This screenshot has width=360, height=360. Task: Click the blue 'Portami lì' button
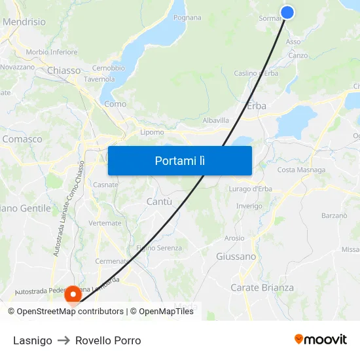pyautogui.click(x=179, y=160)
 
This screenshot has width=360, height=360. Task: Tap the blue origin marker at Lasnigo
pyautogui.click(x=287, y=12)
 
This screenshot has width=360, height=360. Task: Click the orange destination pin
pyautogui.click(x=71, y=294)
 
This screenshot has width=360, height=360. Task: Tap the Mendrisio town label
pyautogui.click(x=24, y=22)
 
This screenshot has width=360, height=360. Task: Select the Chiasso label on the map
pyautogui.click(x=64, y=70)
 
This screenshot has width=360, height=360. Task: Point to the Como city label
pyautogui.click(x=115, y=103)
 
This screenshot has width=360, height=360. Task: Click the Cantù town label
pyautogui.click(x=159, y=202)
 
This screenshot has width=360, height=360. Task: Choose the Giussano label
pyautogui.click(x=236, y=257)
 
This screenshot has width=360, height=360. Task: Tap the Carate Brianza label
pyautogui.click(x=262, y=287)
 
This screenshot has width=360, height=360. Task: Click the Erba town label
pyautogui.click(x=257, y=105)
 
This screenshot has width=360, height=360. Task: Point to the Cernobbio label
pyautogui.click(x=108, y=68)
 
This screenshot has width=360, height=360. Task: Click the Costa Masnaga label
pyautogui.click(x=301, y=170)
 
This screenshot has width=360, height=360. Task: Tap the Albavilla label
pyautogui.click(x=216, y=120)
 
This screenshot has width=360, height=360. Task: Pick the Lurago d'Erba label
pyautogui.click(x=251, y=190)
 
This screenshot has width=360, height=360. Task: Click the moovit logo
pyautogui.click(x=320, y=339)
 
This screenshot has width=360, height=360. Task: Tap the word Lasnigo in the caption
pyautogui.click(x=32, y=340)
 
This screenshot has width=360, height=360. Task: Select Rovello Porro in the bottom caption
pyautogui.click(x=108, y=340)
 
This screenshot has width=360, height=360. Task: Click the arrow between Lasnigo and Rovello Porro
pyautogui.click(x=63, y=340)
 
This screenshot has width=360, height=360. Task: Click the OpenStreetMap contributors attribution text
pyautogui.click(x=70, y=312)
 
